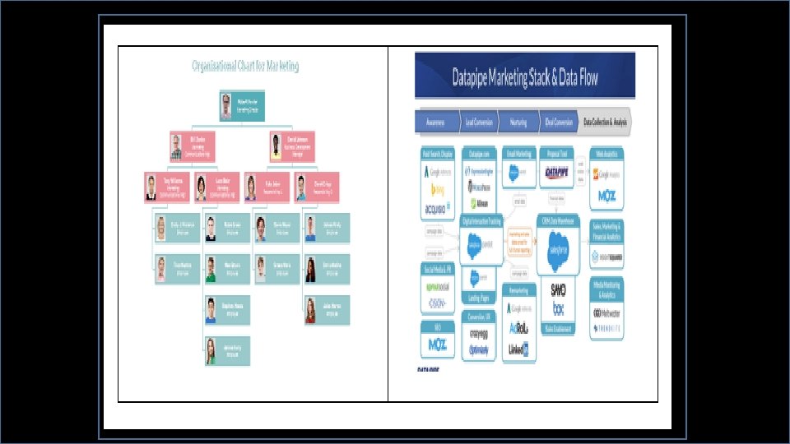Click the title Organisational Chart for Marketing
click(244, 65)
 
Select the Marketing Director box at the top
click(236, 106)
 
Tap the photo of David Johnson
click(276, 146)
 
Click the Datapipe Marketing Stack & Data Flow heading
click(525, 78)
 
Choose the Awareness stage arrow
click(437, 121)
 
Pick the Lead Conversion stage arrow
click(477, 121)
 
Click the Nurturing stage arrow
click(518, 121)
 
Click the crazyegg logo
click(478, 335)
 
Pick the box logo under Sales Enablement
click(560, 311)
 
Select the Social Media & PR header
click(438, 269)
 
